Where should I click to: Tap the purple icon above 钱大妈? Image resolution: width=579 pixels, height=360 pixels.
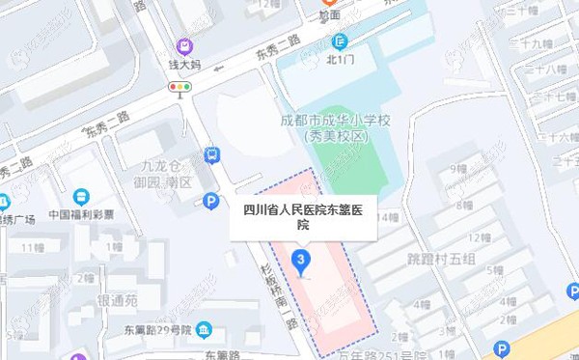tap(183, 44)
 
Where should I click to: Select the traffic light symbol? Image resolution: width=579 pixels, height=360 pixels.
tap(179, 88)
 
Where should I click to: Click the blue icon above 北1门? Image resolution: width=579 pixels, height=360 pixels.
tap(340, 42)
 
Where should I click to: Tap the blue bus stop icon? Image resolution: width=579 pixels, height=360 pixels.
tap(211, 154)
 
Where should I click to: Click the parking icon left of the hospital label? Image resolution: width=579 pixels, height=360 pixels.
tap(211, 201)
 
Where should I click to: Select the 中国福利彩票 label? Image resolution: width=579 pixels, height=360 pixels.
tap(81, 214)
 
